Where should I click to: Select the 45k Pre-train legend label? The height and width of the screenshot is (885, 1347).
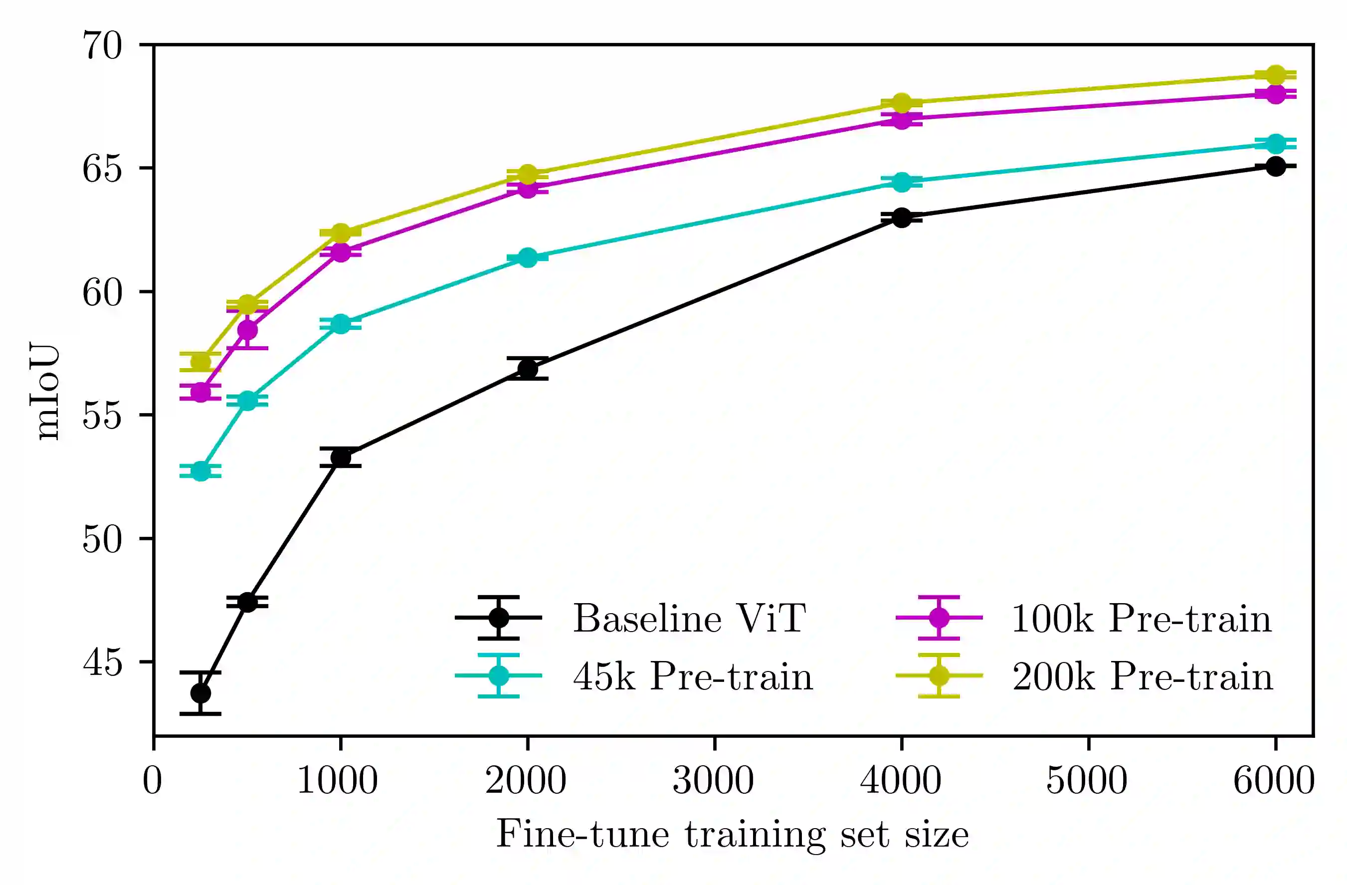[693, 676]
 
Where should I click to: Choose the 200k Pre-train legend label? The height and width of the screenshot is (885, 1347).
[1142, 676]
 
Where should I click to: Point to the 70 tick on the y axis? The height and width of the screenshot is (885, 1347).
[102, 45]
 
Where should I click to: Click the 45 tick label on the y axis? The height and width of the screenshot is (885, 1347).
[102, 662]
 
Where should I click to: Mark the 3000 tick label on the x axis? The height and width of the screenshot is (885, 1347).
[713, 781]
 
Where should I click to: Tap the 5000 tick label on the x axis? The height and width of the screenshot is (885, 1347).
[1087, 781]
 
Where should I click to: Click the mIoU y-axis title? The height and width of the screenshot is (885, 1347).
[45, 391]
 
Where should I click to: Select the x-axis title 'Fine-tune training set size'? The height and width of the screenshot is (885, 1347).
[733, 834]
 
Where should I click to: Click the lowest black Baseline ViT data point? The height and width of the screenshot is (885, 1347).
[200, 693]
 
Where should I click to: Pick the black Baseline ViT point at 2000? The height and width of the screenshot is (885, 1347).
[528, 369]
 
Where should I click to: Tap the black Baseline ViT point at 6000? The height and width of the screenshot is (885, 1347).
[1275, 166]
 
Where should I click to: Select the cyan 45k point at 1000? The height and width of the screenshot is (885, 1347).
[341, 324]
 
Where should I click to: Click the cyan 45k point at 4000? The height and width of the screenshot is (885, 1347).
[902, 182]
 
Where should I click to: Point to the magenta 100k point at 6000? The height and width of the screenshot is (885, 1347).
[1275, 94]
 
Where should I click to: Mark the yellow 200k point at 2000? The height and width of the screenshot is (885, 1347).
[528, 174]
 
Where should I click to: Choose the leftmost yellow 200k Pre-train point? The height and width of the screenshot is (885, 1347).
[200, 361]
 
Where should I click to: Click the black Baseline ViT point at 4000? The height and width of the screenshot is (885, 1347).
[902, 218]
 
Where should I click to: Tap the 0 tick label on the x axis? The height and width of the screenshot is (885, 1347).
[152, 781]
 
